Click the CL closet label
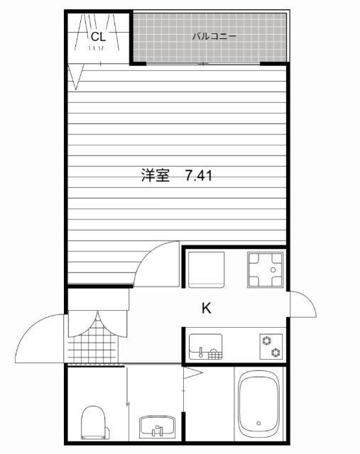pyautogui.click(x=98, y=35)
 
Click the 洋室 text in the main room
pyautogui.click(x=156, y=175)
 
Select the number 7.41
pyautogui.click(x=199, y=175)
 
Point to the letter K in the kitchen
pyautogui.click(x=206, y=308)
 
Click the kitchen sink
pyautogui.click(x=206, y=346)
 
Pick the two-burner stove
pyautogui.click(x=271, y=346)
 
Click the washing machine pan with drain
pyautogui.click(x=264, y=270)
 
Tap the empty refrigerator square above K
pyautogui.click(x=205, y=269)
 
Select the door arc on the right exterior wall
pyautogui.click(x=302, y=305)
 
